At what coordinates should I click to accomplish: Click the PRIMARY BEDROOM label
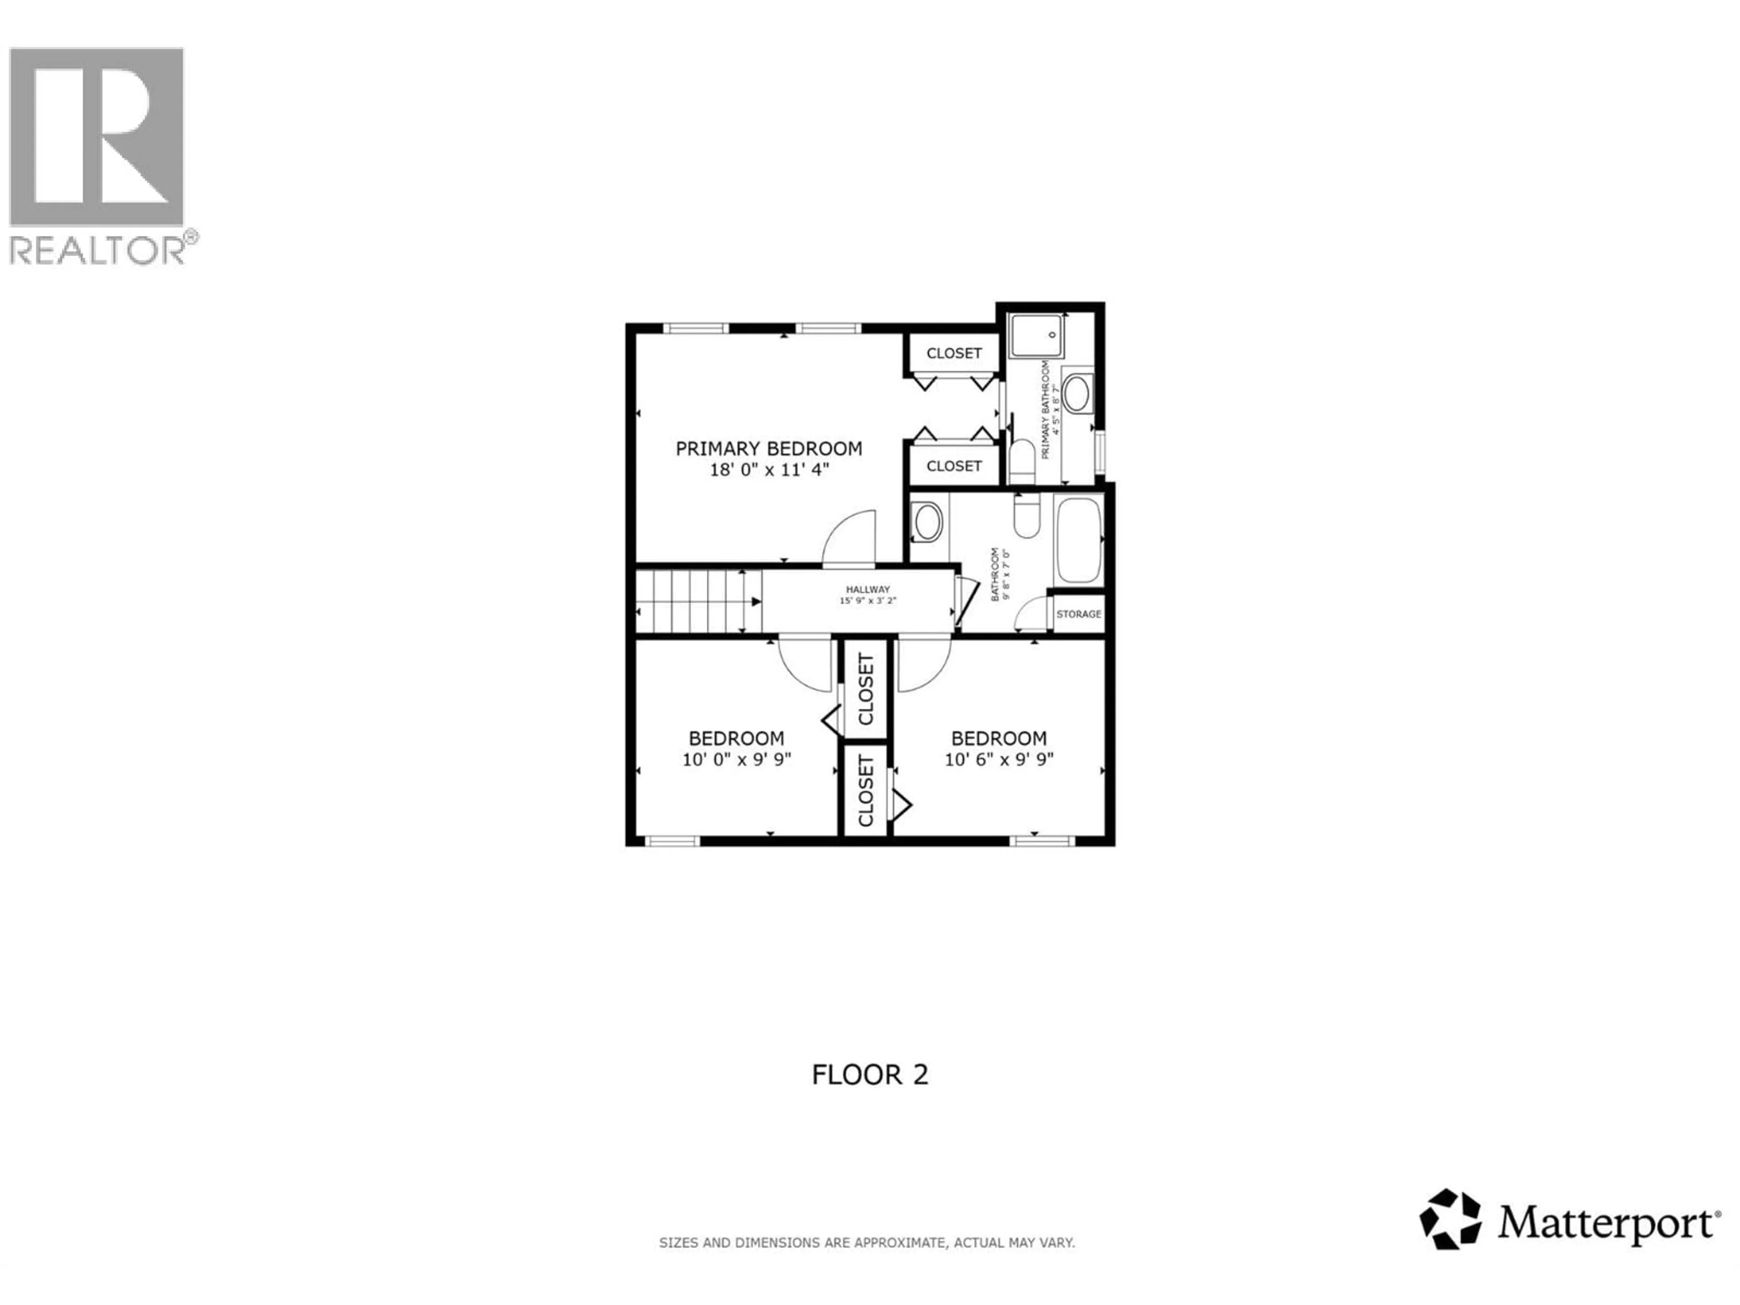(768, 449)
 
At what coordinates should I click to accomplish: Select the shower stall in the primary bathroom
(1036, 335)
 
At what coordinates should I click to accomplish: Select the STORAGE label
(1078, 614)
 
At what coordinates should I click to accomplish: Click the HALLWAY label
(868, 589)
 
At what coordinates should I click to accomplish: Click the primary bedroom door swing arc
(850, 539)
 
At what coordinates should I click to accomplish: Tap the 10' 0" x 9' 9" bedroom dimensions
(736, 759)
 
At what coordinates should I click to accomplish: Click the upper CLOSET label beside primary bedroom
(953, 353)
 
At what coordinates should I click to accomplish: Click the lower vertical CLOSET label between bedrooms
(865, 791)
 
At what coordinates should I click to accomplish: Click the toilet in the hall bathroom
(1026, 516)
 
